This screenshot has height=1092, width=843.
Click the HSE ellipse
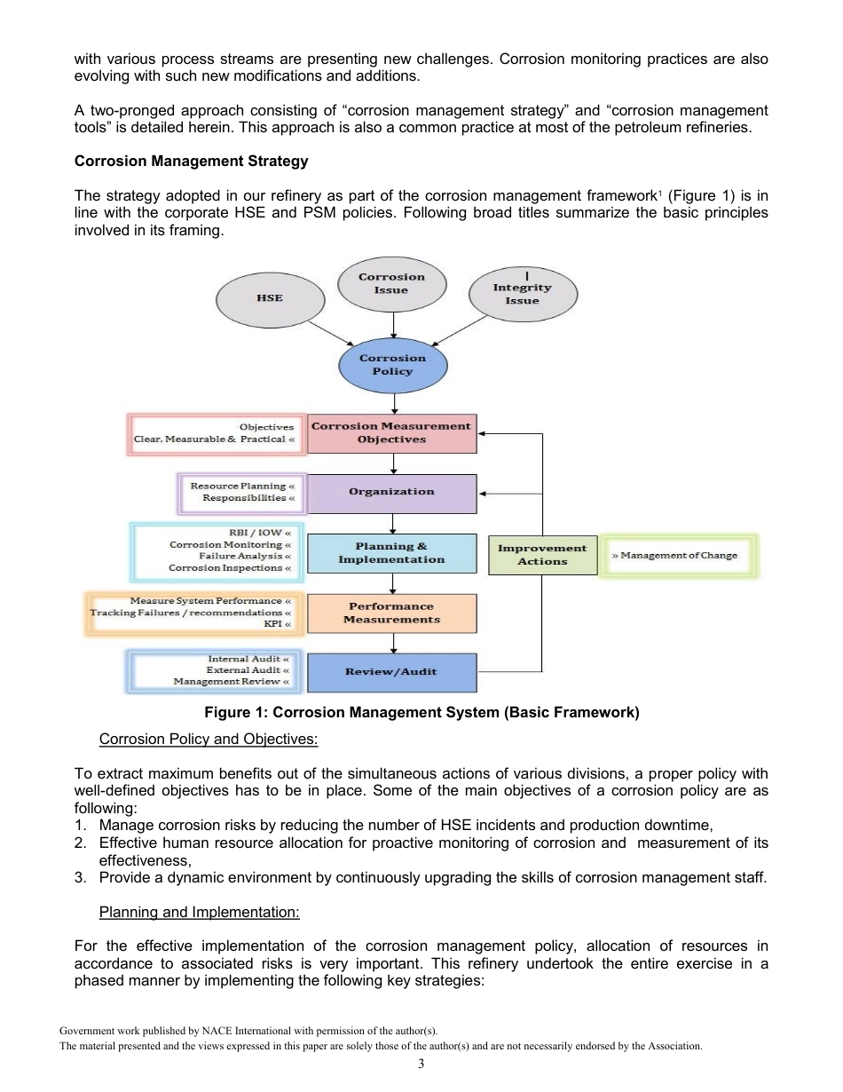point(270,297)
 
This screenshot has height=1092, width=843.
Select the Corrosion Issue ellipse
point(391,283)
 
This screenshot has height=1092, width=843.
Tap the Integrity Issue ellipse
point(522,294)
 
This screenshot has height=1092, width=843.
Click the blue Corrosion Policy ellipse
point(392,365)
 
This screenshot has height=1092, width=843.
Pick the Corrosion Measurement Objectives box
point(391,432)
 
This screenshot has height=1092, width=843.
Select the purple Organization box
point(391,492)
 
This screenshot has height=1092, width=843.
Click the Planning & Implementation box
point(391,553)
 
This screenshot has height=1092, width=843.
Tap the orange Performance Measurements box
point(391,613)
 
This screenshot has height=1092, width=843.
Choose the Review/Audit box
point(391,672)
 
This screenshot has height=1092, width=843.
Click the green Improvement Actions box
point(542,555)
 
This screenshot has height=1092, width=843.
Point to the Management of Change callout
point(679,556)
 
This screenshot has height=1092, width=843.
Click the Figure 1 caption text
point(421,712)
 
